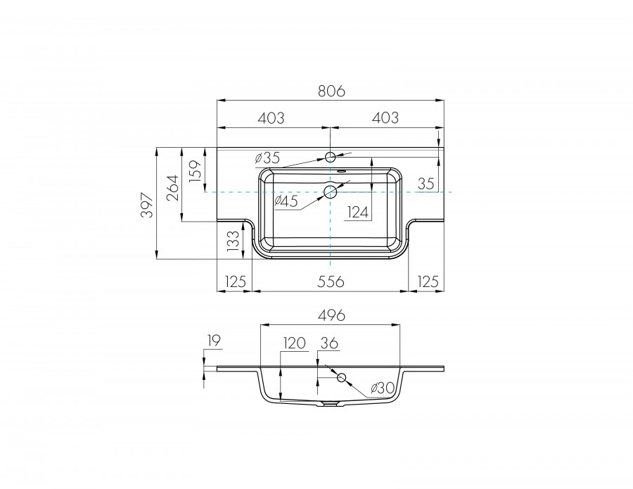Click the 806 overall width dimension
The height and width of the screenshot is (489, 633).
coord(330,91)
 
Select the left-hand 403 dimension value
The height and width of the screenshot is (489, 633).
coord(271,118)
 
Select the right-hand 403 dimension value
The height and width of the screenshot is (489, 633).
coord(385,118)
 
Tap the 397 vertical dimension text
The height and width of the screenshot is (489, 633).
coord(146,204)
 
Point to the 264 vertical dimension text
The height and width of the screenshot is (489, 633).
coord(172,186)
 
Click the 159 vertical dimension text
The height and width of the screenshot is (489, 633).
coord(196,171)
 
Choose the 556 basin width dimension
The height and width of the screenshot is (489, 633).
coord(330,281)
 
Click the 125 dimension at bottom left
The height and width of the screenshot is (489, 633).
coord(234,281)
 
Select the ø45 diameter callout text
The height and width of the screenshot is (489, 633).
coord(286,201)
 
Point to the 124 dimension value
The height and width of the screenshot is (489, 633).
coord(358,212)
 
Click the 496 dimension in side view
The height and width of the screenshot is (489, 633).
coord(330,315)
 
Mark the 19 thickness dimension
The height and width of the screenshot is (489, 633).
coord(215,341)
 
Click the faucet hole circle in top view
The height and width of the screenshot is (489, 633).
coord(330,156)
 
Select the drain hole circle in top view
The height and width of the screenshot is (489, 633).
coord(330,191)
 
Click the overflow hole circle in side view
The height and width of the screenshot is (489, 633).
coord(342,378)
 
